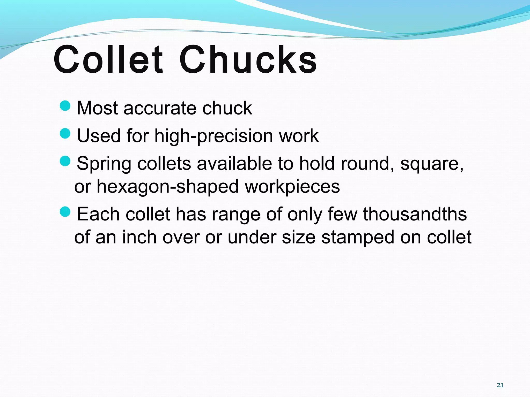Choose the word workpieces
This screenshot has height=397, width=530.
292,187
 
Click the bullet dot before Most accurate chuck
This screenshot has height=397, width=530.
65,105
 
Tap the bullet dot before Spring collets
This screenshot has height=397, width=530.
65,161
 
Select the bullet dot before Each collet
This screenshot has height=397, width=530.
65,212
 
